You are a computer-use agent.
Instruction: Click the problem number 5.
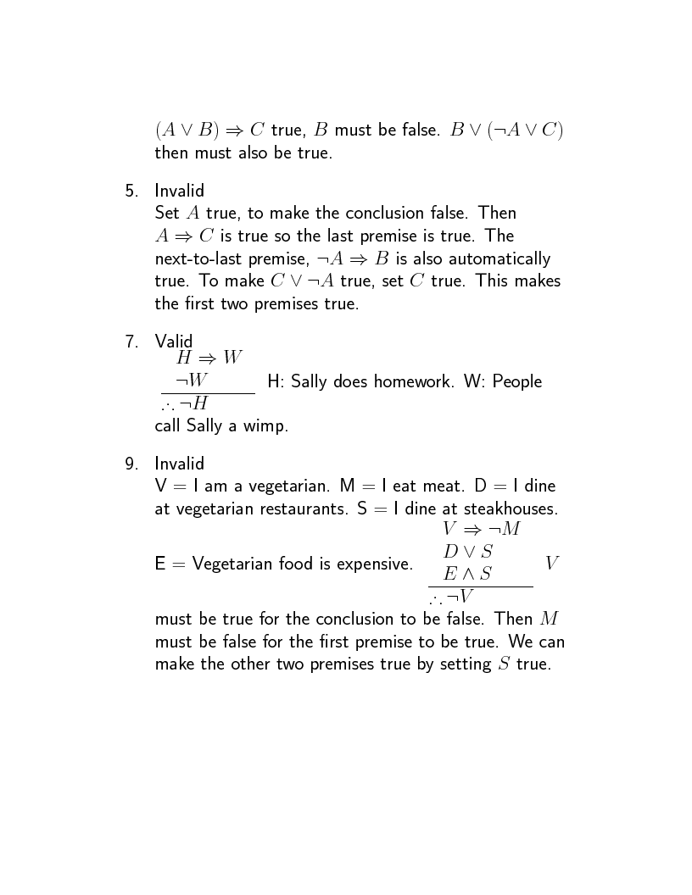[131, 191]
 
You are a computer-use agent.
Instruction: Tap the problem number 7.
[131, 342]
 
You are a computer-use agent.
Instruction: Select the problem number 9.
[131, 464]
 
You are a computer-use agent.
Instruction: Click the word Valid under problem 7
[174, 342]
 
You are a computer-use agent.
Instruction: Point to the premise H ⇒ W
[209, 358]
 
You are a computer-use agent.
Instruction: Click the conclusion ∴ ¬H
[184, 404]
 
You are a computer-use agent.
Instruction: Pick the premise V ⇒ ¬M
[481, 529]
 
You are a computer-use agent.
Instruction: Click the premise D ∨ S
[468, 552]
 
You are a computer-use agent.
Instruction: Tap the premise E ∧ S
[467, 574]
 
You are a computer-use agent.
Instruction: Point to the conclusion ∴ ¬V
[451, 598]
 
